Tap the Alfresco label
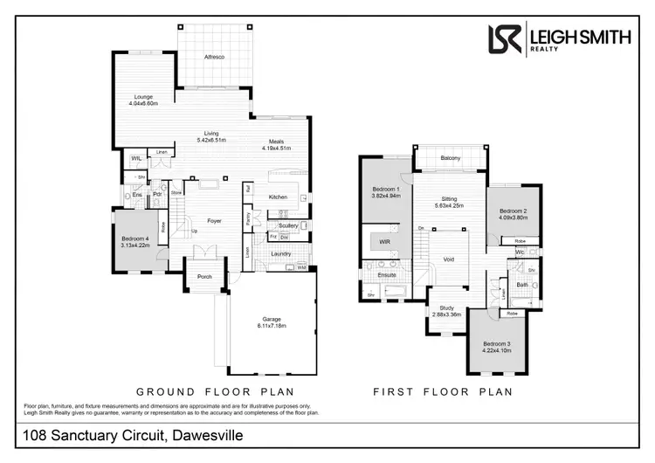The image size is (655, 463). [x=215, y=57]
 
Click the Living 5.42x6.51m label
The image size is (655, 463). [x=211, y=137]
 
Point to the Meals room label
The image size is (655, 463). [x=276, y=144]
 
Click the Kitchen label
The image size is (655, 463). [x=278, y=197]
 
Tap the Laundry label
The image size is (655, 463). [x=280, y=254]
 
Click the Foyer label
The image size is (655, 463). [x=214, y=221]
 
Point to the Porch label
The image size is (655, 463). [x=204, y=277]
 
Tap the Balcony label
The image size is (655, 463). [x=451, y=158]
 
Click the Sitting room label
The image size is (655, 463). [x=450, y=203]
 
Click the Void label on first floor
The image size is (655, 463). [x=449, y=259]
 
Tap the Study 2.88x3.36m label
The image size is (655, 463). [x=446, y=311]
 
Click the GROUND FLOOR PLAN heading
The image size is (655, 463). [x=214, y=391]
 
